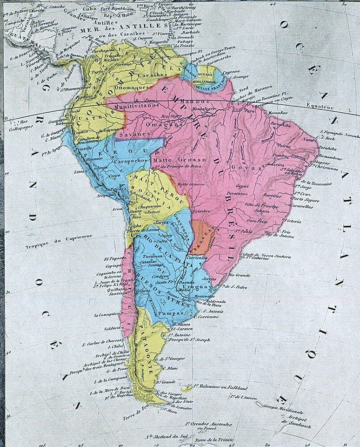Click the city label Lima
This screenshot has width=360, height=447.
(78, 171)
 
